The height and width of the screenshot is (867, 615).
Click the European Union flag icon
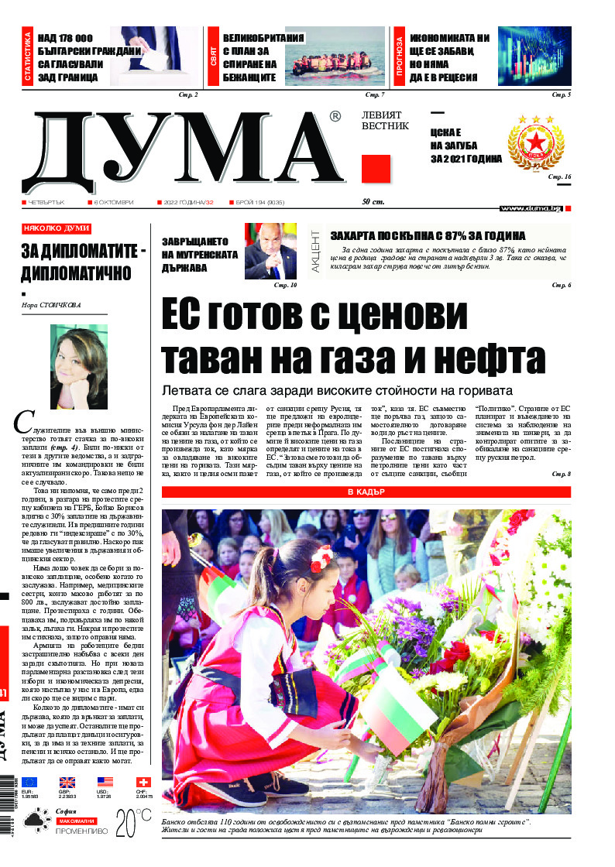[x=29, y=783]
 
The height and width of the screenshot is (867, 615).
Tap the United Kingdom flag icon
[x=67, y=783]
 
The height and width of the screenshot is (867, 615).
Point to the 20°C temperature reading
[x=132, y=824]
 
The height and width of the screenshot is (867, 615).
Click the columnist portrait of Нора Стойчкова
[x=78, y=356]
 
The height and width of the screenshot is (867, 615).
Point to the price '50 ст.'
[x=373, y=203]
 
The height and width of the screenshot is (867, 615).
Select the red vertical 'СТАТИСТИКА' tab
[x=27, y=56]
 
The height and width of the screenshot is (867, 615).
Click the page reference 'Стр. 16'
[x=559, y=177]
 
